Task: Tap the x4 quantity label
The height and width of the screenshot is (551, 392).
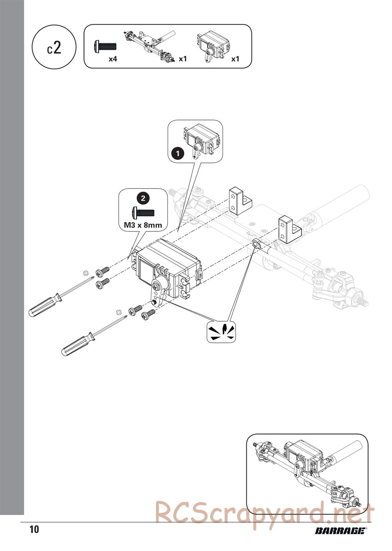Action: [113, 59]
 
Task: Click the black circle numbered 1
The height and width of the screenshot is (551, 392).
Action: [178, 154]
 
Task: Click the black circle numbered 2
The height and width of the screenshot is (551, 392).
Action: [143, 198]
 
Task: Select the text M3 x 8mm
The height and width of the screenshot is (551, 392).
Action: [143, 225]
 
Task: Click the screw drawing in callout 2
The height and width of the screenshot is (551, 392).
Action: [143, 213]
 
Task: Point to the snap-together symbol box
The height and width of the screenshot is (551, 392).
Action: [221, 332]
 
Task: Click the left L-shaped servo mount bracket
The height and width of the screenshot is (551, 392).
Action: [239, 201]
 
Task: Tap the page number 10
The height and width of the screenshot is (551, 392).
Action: [34, 529]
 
